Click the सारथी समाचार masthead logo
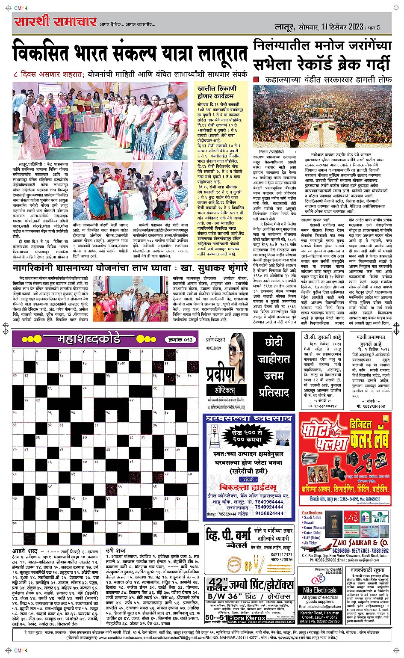[56, 22]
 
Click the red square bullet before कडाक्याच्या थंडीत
[256, 80]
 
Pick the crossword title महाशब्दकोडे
[88, 340]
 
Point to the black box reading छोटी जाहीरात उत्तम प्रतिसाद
[274, 368]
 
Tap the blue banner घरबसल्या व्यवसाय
[249, 418]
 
